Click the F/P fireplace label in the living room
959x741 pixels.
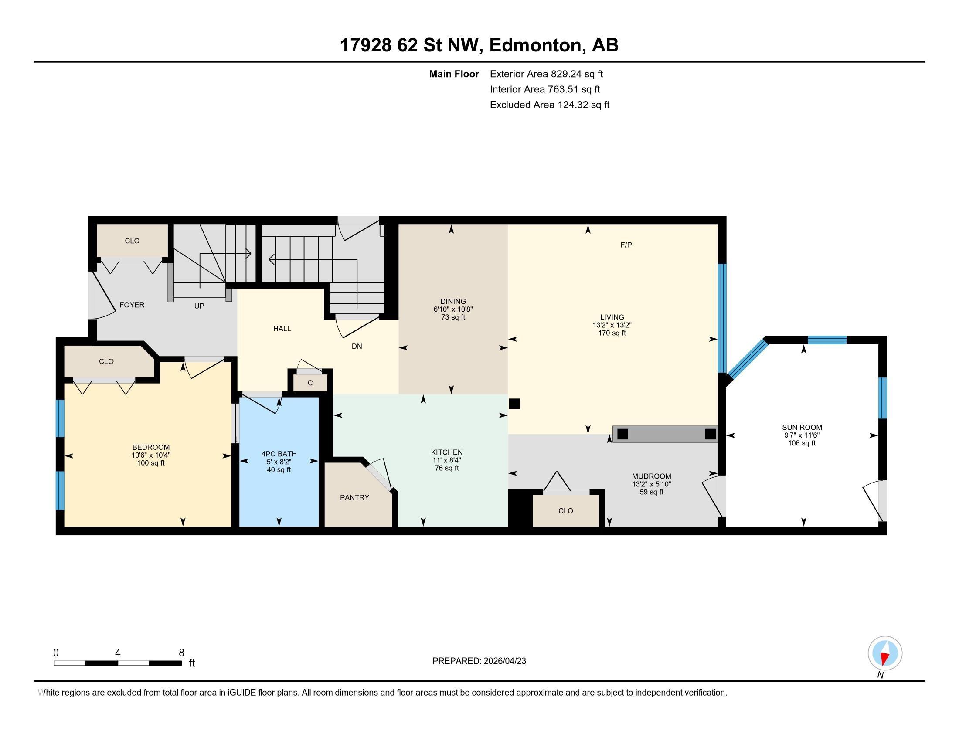click(626, 245)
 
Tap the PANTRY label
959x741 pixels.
click(354, 497)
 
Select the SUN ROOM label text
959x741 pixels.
click(802, 427)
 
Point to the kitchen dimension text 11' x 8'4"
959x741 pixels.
click(446, 460)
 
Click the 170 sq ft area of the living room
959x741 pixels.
click(612, 333)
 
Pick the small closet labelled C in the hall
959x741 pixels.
click(310, 382)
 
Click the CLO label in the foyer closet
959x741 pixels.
click(132, 241)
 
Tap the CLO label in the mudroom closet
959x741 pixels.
click(565, 510)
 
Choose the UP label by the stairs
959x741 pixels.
click(199, 306)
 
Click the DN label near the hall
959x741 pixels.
click(357, 347)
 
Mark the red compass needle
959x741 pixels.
click(885, 658)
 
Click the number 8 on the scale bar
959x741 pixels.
click(181, 653)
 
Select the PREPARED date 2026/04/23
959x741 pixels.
click(504, 661)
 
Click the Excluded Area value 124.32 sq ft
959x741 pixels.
click(584, 105)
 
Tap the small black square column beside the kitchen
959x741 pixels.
click(514, 404)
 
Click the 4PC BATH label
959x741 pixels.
click(279, 454)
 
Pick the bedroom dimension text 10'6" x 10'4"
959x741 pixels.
click(151, 455)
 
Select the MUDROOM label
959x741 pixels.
click(652, 476)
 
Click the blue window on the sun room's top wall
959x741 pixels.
click(827, 340)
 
